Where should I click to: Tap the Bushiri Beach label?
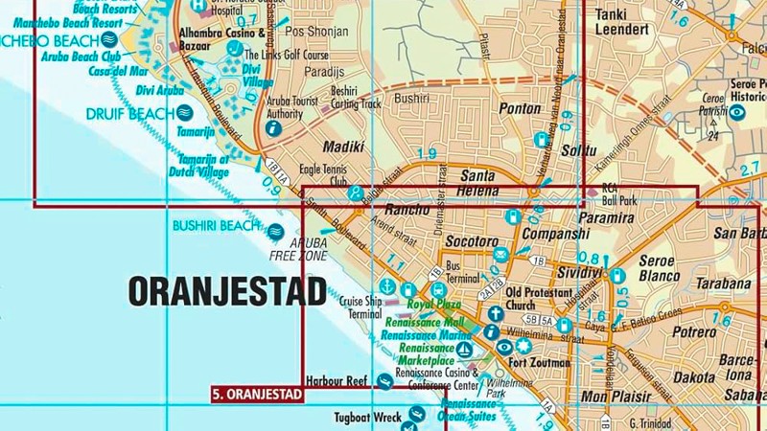pyautogui.click(x=215, y=226)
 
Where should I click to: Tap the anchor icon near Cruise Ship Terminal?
pyautogui.click(x=386, y=286)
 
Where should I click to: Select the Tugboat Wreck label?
pyautogui.click(x=365, y=417)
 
